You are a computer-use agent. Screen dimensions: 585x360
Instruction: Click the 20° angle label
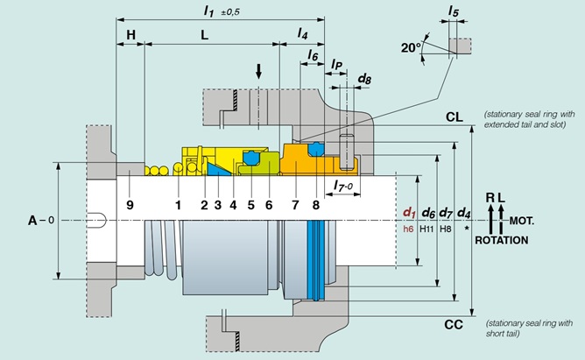411,48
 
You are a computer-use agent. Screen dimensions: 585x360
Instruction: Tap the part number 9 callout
130,205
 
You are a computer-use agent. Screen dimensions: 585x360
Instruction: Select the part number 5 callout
251,205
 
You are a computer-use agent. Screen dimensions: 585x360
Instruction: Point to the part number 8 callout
316,205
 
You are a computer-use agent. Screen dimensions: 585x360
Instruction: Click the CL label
454,117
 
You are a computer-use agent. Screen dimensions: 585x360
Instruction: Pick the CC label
454,325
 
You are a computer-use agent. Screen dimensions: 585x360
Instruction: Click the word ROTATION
502,240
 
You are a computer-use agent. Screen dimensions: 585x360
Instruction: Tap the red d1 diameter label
409,213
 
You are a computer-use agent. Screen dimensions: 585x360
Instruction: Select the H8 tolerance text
446,229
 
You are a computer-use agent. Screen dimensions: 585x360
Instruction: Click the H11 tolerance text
426,229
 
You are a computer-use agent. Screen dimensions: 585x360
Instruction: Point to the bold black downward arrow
258,71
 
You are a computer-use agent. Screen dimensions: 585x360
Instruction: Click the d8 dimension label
364,79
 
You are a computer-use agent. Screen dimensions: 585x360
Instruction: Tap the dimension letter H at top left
130,35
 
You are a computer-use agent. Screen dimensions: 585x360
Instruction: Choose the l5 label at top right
454,11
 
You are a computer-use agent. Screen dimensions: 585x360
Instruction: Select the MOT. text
522,221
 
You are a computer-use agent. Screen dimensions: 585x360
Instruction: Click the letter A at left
32,221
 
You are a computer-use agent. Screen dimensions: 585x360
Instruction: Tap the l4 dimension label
302,33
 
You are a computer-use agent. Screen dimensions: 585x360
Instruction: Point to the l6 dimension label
313,55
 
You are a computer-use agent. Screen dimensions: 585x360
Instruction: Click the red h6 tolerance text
408,229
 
